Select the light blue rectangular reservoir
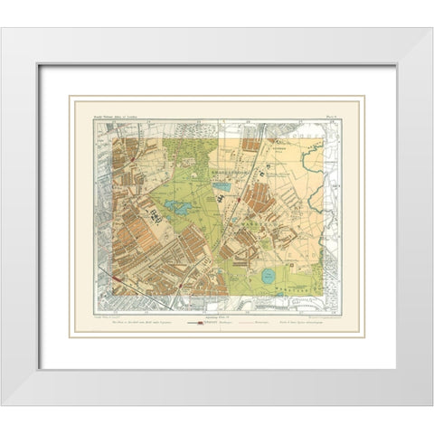coord(222,190)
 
